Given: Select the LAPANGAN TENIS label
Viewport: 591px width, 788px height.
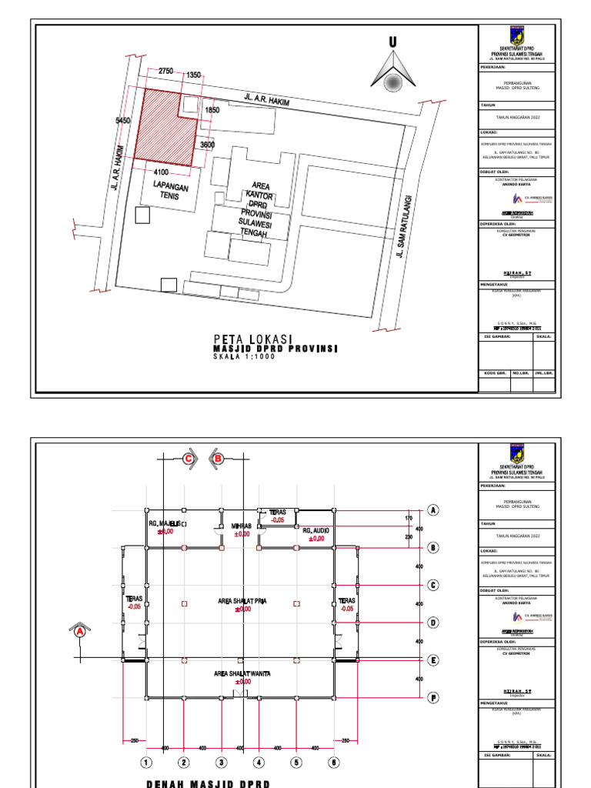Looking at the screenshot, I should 169,191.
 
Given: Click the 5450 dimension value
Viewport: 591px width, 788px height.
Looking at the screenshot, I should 123,121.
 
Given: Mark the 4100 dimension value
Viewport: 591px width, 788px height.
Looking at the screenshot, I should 162,172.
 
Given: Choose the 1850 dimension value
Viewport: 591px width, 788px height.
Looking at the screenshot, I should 212,111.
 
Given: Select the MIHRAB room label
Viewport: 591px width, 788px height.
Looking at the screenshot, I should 242,527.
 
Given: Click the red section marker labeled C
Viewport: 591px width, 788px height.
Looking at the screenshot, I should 187,458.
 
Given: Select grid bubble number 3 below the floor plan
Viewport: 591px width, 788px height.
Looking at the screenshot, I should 221,763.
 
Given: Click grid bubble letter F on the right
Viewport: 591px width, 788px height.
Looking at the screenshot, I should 433,698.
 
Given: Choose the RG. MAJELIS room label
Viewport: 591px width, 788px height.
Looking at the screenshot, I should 165,526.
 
